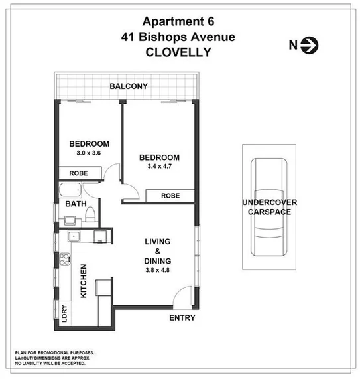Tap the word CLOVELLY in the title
(x=179, y=52)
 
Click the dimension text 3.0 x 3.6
(x=89, y=153)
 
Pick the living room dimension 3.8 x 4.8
(x=158, y=269)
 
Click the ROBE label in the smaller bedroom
(x=80, y=173)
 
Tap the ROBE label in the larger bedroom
(x=170, y=196)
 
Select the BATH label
(x=74, y=204)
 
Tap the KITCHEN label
(x=84, y=281)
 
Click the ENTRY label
(x=182, y=318)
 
